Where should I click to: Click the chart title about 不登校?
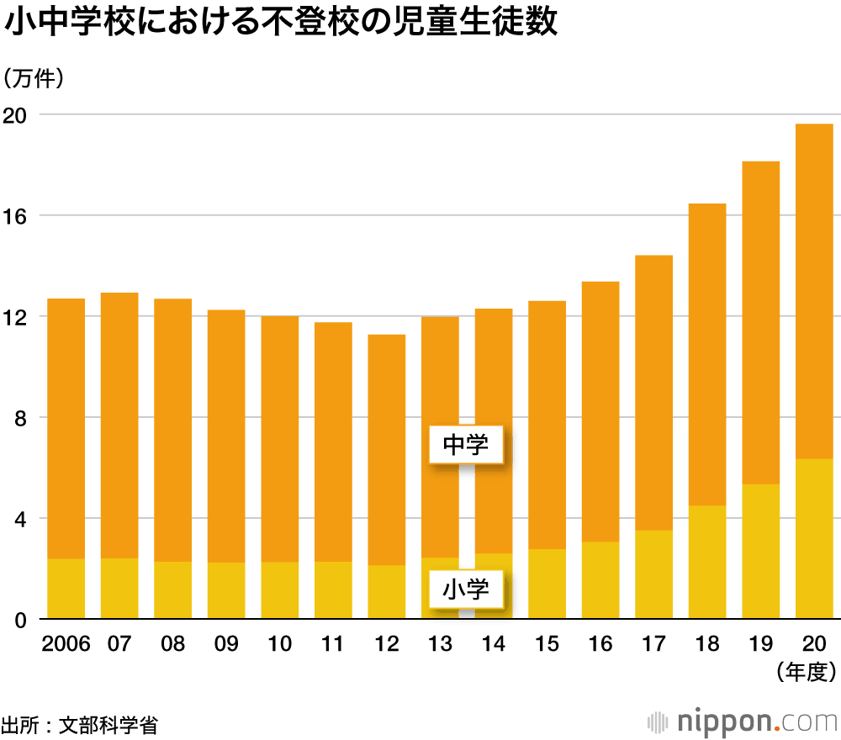281,24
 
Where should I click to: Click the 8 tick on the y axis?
24,418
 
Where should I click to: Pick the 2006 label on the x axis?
66,645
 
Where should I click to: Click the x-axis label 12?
386,645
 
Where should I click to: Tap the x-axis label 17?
653,645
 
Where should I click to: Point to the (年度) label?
805,671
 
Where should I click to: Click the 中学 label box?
465,445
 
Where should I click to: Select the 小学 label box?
465,589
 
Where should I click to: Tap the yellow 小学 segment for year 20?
814,539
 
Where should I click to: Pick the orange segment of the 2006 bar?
66,428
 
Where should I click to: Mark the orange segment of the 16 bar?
600,411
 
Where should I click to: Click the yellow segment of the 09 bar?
226,590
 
